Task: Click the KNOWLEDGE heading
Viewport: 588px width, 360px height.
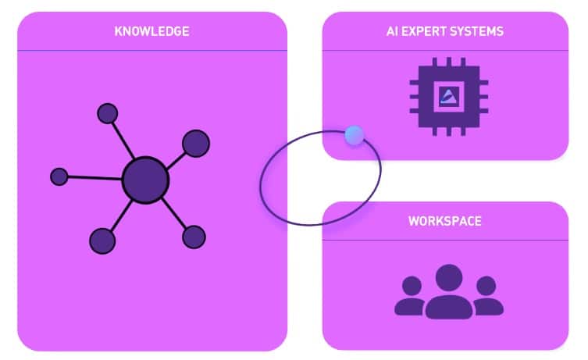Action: pos(151,32)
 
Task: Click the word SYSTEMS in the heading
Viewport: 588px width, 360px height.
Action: pos(478,32)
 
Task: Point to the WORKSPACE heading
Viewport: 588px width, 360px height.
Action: pos(444,221)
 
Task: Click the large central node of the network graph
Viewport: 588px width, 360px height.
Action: pos(145,180)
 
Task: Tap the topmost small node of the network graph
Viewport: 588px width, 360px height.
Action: pos(107,113)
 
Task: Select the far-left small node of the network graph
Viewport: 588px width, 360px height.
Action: pos(59,176)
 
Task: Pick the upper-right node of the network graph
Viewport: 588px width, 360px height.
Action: pos(195,143)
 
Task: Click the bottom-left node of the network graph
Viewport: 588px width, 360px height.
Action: pos(102,241)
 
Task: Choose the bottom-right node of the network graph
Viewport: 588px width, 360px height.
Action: pos(193,237)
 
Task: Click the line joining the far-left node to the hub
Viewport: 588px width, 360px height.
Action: pos(94,178)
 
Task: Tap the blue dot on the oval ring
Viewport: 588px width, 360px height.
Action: pos(354,136)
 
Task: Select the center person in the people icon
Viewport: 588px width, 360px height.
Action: pos(449,292)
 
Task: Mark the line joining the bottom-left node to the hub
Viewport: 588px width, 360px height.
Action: pos(120,215)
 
